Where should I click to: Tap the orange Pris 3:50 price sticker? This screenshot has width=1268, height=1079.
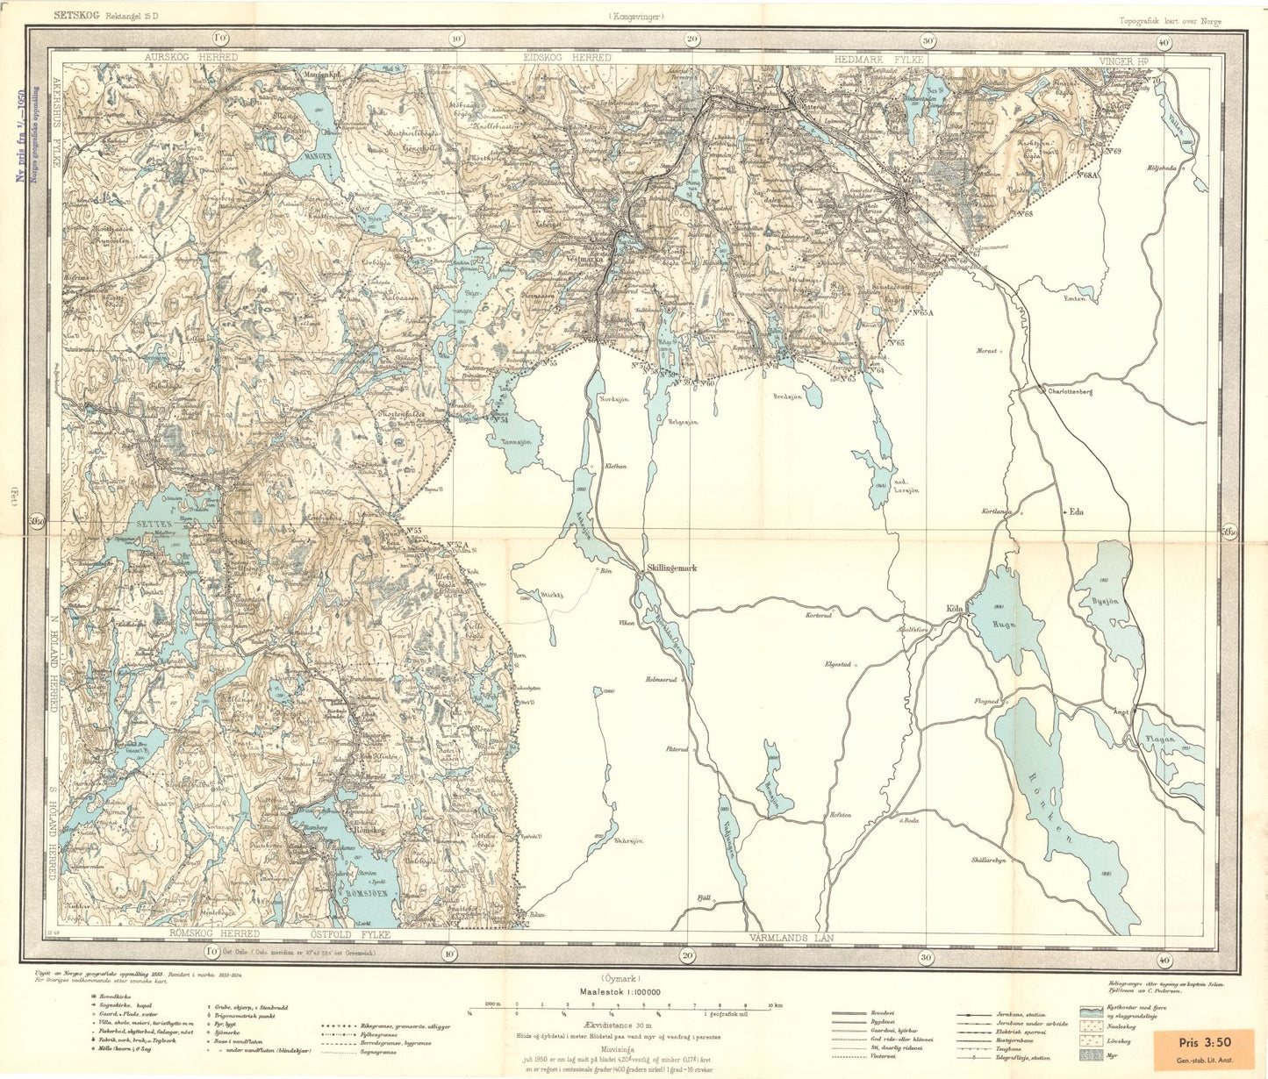pyautogui.click(x=1206, y=1048)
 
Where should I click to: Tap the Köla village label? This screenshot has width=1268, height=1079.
pyautogui.click(x=955, y=608)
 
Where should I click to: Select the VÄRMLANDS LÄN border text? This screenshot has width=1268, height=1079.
pyautogui.click(x=792, y=938)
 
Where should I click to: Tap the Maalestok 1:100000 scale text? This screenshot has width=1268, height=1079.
pyautogui.click(x=620, y=992)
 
